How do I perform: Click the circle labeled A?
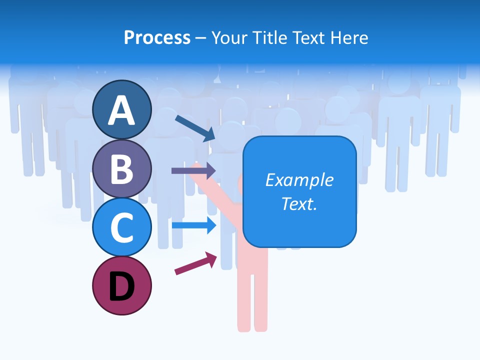point(122,110)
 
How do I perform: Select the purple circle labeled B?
point(122,168)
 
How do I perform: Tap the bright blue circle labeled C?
point(122,227)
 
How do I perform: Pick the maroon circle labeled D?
point(122,285)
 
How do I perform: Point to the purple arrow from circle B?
point(193,171)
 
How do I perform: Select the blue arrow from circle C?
point(193,225)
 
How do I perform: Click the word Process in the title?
point(157,38)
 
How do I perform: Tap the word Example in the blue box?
point(299,180)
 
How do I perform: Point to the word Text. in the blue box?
point(299,203)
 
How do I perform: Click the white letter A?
point(122,111)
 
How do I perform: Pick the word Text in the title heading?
point(311,38)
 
